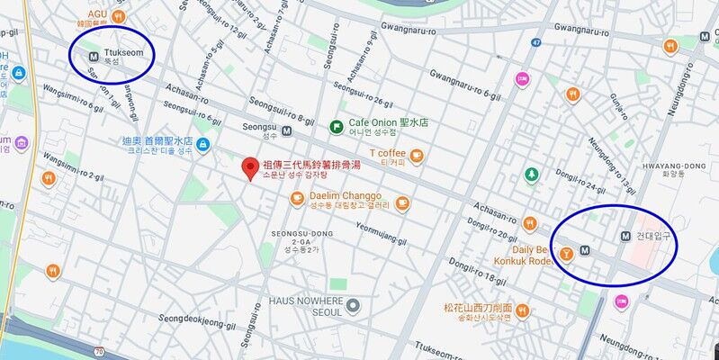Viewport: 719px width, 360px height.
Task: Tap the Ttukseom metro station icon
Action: coord(91,54)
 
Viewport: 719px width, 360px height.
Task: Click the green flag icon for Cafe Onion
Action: coord(336,126)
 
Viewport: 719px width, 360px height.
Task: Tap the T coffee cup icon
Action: coord(416,157)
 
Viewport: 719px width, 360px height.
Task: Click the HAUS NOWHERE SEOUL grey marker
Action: coord(354,306)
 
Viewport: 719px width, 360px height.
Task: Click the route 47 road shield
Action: coord(535,42)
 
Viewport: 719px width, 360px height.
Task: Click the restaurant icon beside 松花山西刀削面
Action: coord(522,311)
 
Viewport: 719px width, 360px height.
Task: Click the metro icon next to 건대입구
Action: coord(625,236)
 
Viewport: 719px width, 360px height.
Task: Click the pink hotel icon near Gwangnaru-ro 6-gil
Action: coord(521,79)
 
